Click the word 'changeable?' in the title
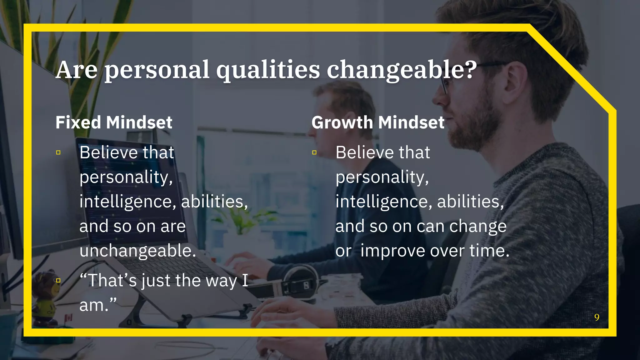tap(402, 70)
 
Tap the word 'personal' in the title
tap(157, 70)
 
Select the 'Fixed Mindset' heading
tap(114, 122)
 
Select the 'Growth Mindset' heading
tap(378, 122)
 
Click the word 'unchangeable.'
tap(138, 251)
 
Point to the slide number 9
tap(597, 317)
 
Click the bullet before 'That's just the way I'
tap(58, 281)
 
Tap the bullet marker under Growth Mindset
tap(314, 152)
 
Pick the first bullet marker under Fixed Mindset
tap(58, 152)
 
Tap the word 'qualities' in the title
tap(268, 70)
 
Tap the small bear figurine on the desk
tap(47, 297)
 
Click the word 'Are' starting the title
tap(77, 70)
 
